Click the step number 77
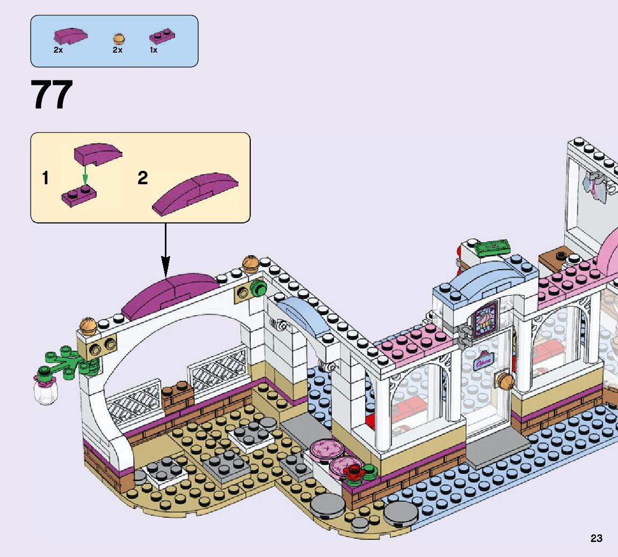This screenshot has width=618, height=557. click(52, 96)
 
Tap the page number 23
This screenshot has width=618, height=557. click(596, 538)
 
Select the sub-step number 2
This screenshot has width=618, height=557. click(142, 178)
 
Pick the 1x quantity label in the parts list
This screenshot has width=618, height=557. click(154, 50)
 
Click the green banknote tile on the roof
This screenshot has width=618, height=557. click(493, 247)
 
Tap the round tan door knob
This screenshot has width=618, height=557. click(504, 380)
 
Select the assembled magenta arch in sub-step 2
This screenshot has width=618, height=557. click(195, 192)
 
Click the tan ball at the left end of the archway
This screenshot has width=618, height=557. click(88, 325)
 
